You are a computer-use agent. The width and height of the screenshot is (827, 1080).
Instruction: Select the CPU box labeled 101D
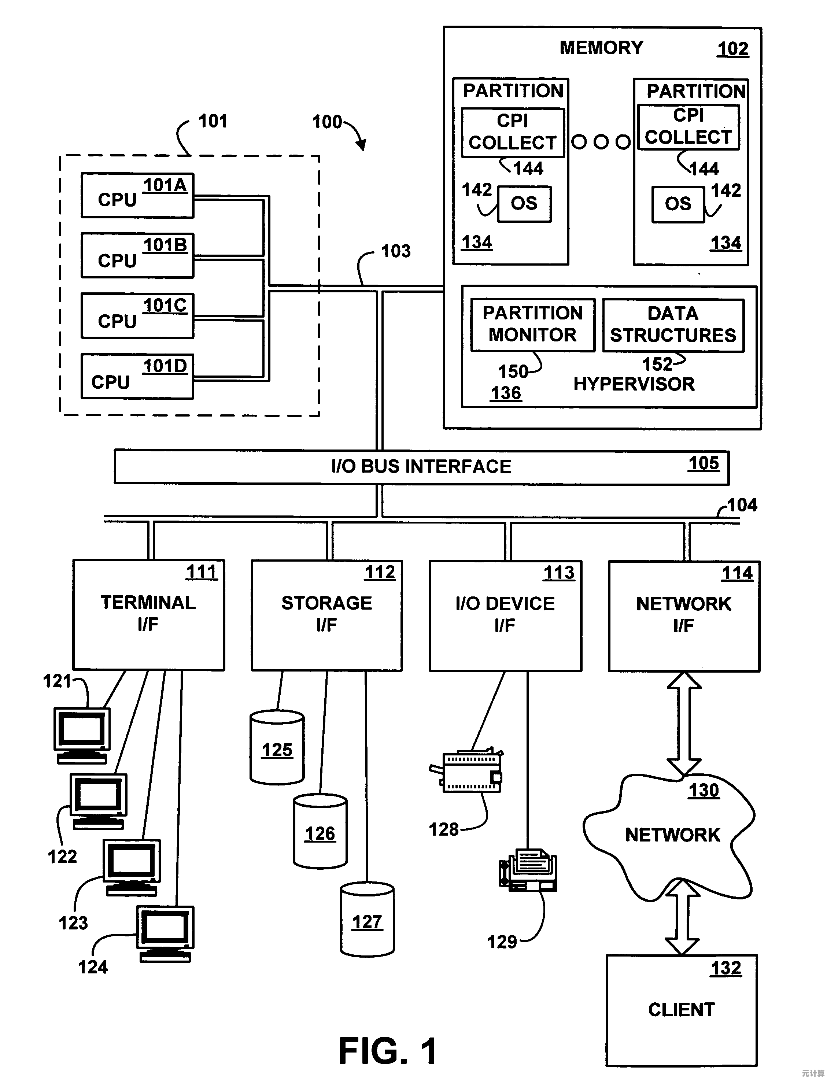click(x=137, y=376)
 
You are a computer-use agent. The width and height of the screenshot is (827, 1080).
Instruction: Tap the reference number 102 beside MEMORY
click(x=732, y=49)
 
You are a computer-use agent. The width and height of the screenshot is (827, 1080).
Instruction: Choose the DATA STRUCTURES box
click(x=673, y=325)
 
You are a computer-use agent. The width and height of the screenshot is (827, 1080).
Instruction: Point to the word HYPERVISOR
click(x=634, y=384)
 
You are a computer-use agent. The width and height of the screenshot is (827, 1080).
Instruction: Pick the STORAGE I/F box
click(x=327, y=615)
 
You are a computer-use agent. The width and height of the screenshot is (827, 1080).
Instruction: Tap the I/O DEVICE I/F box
click(x=505, y=615)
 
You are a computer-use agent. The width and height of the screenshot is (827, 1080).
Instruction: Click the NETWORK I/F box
click(x=684, y=616)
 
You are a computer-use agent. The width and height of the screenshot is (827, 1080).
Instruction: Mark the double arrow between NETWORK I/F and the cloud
click(x=684, y=724)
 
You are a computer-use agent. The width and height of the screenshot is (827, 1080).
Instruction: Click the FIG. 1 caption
click(x=387, y=1051)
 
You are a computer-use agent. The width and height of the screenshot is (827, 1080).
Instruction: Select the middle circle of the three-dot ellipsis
click(x=601, y=142)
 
